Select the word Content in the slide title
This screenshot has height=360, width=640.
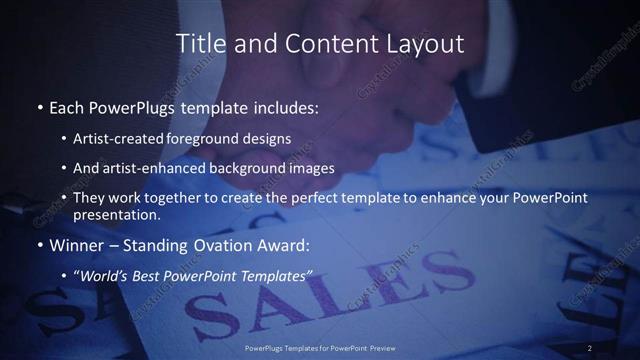point(322,44)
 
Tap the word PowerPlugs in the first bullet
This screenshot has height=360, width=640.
point(134,106)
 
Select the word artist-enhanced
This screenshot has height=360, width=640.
point(152,168)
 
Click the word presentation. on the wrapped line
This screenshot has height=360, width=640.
point(117,215)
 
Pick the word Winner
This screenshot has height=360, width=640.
point(78,245)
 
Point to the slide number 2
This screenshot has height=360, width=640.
point(590,347)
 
